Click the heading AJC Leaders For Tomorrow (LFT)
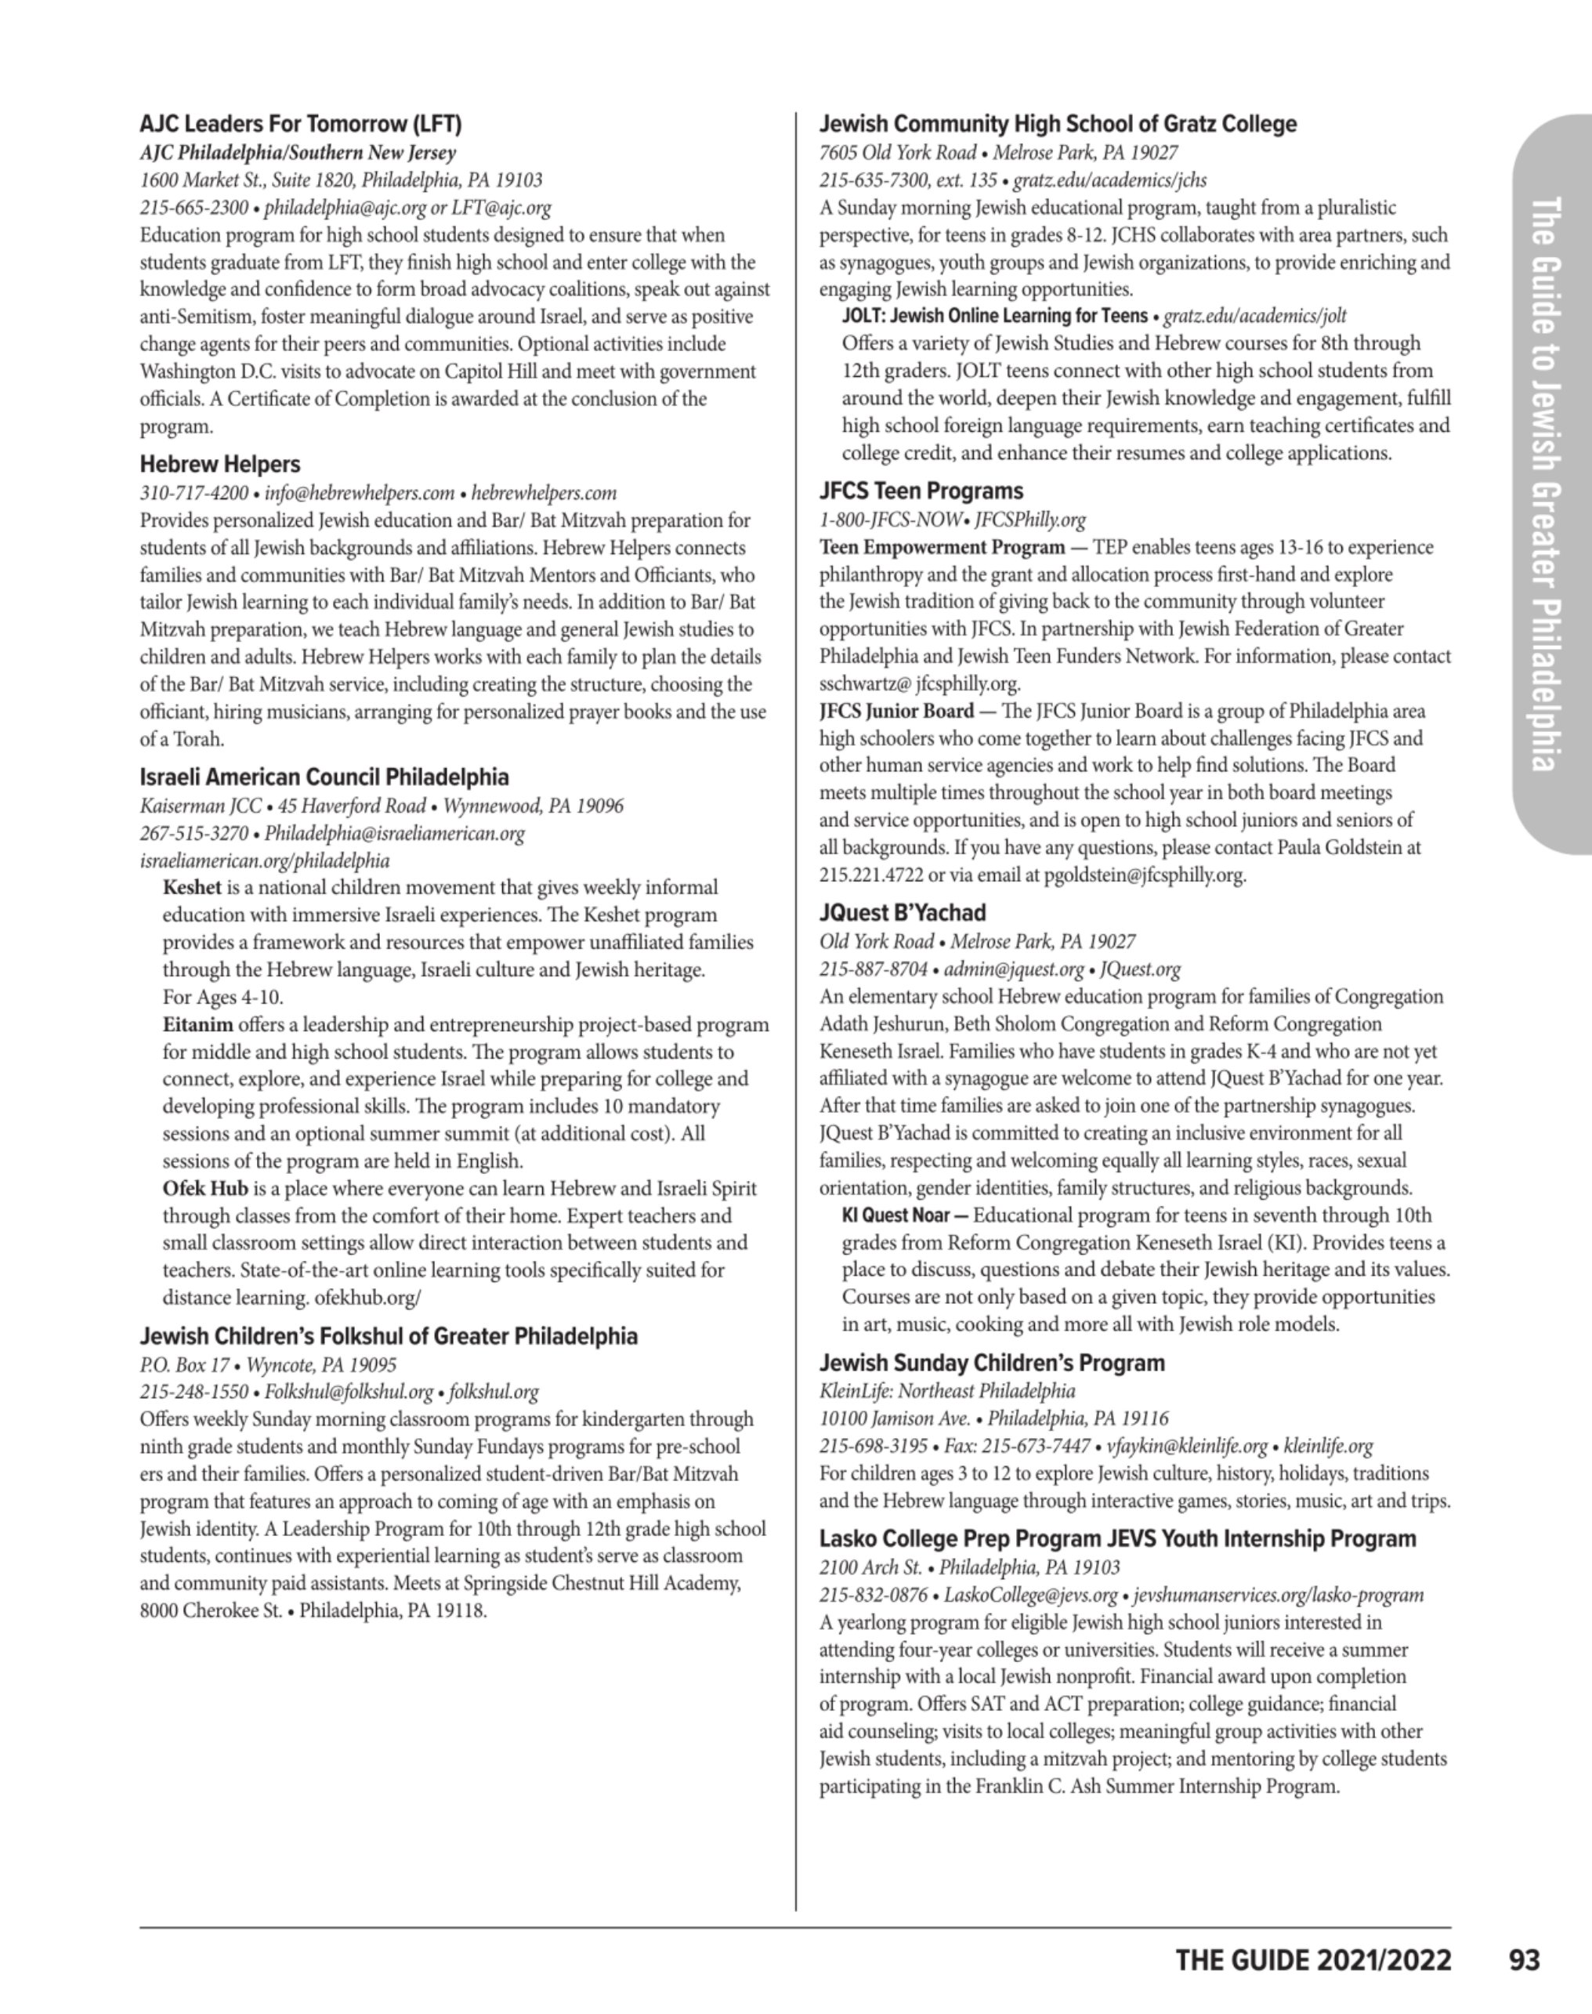click(x=300, y=124)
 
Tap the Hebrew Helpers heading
click(x=220, y=465)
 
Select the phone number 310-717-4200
click(x=194, y=493)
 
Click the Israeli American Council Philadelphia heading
click(x=324, y=777)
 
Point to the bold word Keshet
click(x=192, y=887)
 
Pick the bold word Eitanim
click(x=197, y=1025)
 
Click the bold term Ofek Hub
click(x=205, y=1189)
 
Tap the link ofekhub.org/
click(x=368, y=1298)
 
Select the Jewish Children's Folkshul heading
click(x=389, y=1336)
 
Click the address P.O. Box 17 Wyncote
click(x=267, y=1365)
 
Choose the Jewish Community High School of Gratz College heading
click(x=1058, y=124)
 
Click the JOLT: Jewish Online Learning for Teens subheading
click(x=994, y=316)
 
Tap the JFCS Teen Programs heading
click(x=921, y=491)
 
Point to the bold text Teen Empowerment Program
click(x=942, y=547)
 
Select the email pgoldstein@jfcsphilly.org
click(x=1145, y=875)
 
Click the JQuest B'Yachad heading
click(x=903, y=913)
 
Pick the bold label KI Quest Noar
click(x=896, y=1216)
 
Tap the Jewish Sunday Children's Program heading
click(x=992, y=1364)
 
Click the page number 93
click(x=1524, y=1960)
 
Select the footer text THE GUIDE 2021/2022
click(x=1312, y=1960)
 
